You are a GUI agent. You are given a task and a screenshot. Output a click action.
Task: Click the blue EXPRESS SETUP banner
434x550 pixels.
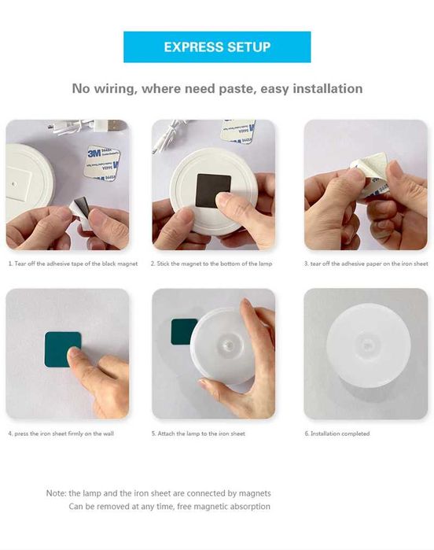(x=217, y=47)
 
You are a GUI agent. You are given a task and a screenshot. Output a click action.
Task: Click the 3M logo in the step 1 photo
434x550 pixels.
(x=94, y=153)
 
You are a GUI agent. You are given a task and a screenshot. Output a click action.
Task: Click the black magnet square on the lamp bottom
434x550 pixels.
(x=213, y=191)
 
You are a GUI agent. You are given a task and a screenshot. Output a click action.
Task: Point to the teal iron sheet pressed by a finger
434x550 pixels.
(x=62, y=349)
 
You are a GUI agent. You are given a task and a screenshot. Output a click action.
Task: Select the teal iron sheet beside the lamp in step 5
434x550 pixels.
(x=183, y=331)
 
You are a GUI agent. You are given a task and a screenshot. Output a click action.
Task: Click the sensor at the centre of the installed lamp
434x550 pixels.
(x=367, y=346)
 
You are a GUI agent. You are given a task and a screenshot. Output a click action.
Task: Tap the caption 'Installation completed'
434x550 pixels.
(x=337, y=434)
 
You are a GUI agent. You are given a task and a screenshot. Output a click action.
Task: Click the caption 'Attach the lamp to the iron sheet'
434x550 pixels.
(x=198, y=434)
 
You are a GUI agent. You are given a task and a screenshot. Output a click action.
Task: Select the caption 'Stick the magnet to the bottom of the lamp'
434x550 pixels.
(x=211, y=264)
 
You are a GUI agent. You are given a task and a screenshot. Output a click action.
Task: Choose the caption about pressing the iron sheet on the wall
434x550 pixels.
(x=61, y=434)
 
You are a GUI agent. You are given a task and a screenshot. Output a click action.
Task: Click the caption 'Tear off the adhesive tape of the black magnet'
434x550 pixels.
(x=73, y=264)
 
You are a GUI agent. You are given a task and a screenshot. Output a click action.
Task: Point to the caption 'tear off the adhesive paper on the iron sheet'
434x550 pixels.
(x=366, y=264)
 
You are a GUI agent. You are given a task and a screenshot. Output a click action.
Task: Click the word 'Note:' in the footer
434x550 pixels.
(x=56, y=493)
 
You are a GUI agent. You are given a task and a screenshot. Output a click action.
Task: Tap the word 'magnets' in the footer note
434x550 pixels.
(x=255, y=493)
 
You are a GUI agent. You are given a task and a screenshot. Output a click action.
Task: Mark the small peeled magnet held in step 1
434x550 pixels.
(x=80, y=211)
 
